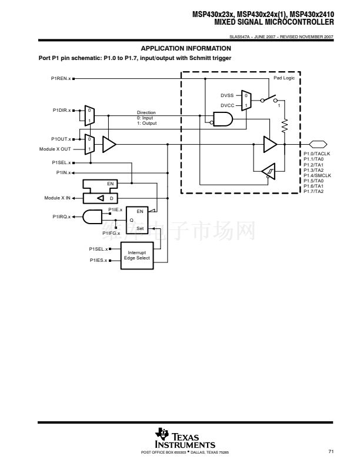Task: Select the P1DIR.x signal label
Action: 61,110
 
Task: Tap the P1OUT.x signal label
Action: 61,139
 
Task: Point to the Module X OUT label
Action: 55,149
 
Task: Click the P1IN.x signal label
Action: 63,172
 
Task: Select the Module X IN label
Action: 57,198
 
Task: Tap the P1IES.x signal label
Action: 98,260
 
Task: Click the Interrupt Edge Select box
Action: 137,255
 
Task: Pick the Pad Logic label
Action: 284,78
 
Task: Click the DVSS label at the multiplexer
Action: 227,95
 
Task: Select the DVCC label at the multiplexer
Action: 227,105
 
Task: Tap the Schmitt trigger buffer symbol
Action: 269,170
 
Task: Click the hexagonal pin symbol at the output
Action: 317,144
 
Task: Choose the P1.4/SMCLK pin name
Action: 318,175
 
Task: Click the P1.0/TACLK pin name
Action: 317,154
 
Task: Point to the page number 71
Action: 331,451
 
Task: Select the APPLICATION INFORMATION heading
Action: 186,48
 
